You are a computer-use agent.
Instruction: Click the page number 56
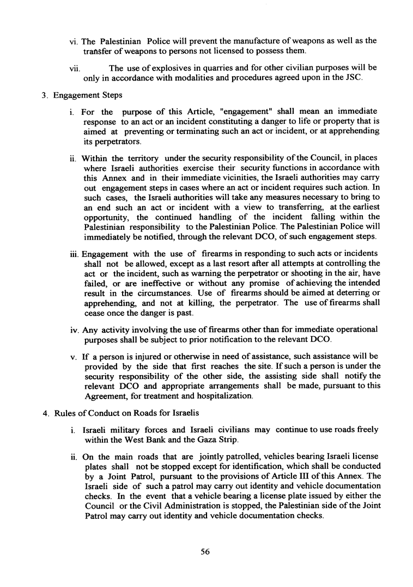(x=205, y=552)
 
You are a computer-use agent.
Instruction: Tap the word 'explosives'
(x=171, y=68)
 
